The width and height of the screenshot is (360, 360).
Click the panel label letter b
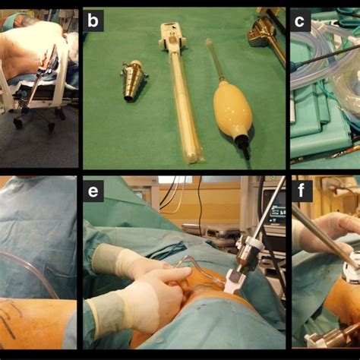[x=93, y=21]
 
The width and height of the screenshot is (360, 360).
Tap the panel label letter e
[x=94, y=191]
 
